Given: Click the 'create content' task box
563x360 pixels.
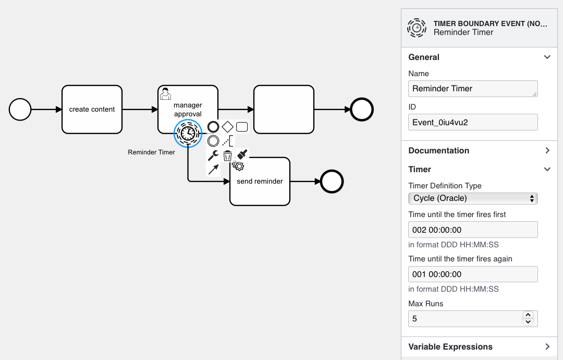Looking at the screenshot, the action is pos(92,109).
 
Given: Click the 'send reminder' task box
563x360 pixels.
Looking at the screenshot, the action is pos(260,182).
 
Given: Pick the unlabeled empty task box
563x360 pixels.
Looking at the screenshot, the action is pos(284,109).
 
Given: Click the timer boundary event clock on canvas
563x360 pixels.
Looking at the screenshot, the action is pos(188,133).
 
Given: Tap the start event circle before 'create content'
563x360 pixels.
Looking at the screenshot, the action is pos(20,110).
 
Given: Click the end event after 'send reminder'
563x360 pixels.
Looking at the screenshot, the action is pos(332,182).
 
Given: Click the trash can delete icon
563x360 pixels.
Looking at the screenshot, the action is pos(227,155).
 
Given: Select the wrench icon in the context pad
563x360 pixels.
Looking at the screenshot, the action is pos(213,155).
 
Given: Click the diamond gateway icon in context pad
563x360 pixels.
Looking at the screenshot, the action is pos(228,126).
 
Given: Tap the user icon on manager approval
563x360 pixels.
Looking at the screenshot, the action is pos(165,93).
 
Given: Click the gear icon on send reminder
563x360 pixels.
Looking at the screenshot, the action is pos(238,165).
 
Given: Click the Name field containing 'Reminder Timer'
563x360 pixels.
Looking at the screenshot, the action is pos(473,89).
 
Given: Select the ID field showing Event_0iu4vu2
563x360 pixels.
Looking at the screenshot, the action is pos(473,122).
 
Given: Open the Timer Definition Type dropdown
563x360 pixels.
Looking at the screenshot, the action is pos(473,198).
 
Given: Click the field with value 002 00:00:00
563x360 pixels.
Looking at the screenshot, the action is pos(473,230).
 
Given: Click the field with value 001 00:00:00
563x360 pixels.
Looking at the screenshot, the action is pos(473,274).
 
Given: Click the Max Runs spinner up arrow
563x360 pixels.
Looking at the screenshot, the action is pos(528,315).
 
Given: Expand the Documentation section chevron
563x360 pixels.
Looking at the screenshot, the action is pos(547,151).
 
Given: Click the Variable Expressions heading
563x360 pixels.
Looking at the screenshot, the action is pos(450,347).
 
